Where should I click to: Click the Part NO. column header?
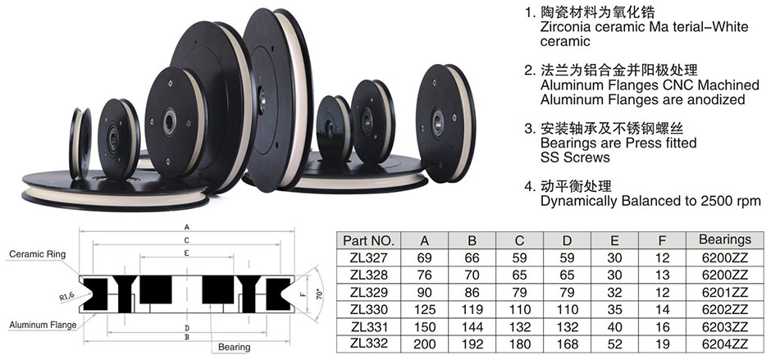(369, 240)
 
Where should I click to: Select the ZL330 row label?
(369, 310)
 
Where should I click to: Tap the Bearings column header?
(725, 239)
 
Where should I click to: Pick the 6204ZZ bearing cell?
(725, 344)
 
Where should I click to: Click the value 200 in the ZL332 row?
(424, 344)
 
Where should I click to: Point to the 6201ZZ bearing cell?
(725, 292)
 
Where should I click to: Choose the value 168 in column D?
(567, 344)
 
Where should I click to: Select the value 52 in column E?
(614, 344)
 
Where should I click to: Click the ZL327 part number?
(369, 257)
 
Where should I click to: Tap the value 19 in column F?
(663, 344)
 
